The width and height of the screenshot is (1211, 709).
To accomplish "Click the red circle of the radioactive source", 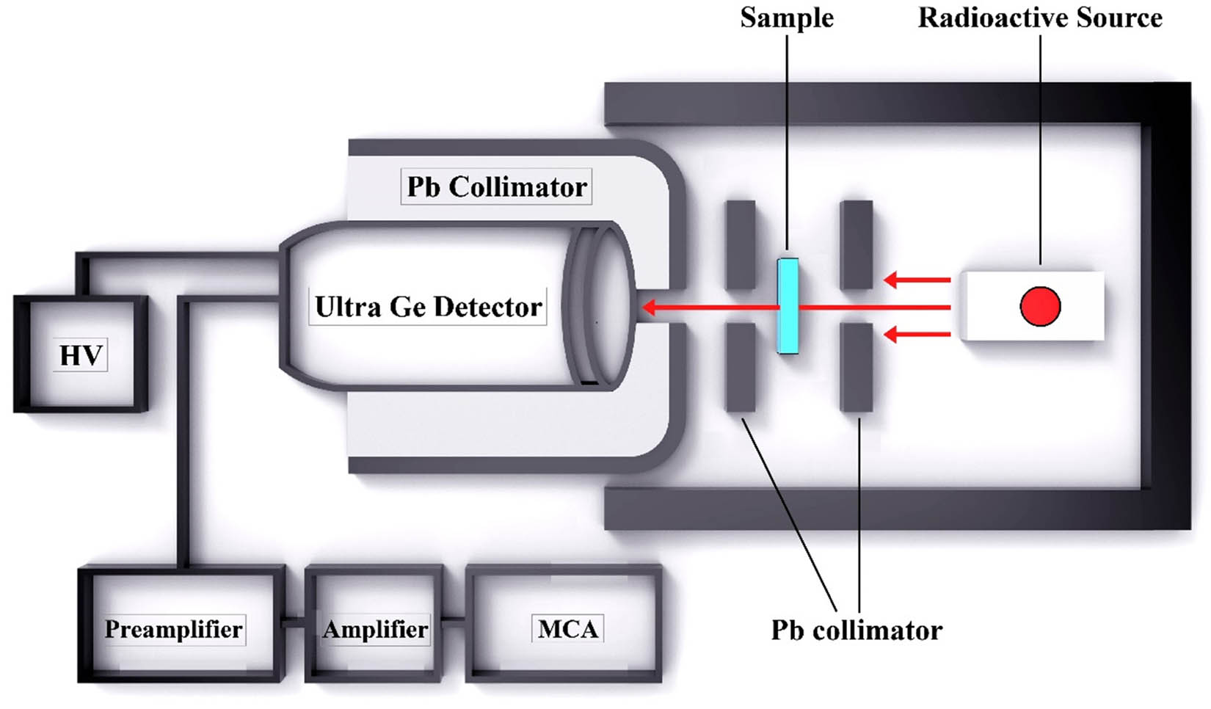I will (1040, 306).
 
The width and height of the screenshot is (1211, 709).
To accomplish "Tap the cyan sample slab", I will (788, 305).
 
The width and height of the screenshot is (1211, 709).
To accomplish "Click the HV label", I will (81, 355).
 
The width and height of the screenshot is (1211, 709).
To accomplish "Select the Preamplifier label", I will (173, 629).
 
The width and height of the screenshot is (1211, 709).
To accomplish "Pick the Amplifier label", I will (375, 629).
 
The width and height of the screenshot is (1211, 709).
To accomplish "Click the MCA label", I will (567, 629).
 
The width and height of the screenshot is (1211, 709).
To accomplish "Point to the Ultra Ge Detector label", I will (428, 307).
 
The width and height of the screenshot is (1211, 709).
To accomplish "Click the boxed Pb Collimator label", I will (497, 187).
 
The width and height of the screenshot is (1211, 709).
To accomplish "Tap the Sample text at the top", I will (787, 18).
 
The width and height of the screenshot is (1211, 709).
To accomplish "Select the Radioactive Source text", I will (1040, 18).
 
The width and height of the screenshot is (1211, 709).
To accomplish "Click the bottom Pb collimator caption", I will (857, 630).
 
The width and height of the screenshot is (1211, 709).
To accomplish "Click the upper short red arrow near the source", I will (917, 280).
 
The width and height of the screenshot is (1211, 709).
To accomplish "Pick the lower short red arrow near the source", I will (917, 335).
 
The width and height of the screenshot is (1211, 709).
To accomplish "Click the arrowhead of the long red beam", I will (647, 307).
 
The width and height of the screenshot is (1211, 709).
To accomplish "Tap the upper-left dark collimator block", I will (741, 244).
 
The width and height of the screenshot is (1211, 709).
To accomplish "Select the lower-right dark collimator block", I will (857, 367).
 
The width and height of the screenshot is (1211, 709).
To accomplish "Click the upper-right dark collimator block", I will (857, 244).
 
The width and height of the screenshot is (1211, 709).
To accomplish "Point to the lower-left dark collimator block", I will (741, 367).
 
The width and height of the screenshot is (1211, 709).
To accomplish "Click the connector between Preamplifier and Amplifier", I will (294, 622).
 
